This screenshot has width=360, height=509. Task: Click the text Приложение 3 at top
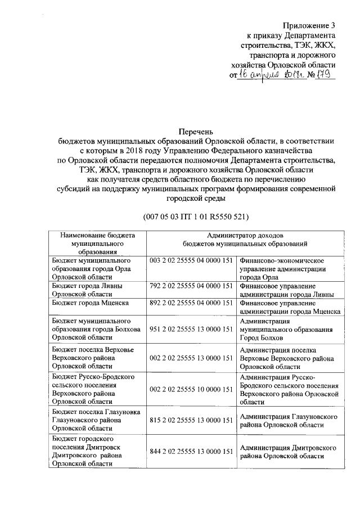[x=310, y=25]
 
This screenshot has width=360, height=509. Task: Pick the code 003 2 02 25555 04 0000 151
[x=191, y=262]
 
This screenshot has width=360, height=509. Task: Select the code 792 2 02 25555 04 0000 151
[x=191, y=286]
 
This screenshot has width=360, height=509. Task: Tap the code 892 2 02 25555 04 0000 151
[x=191, y=303]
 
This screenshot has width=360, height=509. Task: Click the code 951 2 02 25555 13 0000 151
[x=191, y=328]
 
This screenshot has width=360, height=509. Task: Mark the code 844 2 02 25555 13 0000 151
[x=191, y=451]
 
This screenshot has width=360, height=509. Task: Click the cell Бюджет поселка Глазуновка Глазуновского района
[x=93, y=421]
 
